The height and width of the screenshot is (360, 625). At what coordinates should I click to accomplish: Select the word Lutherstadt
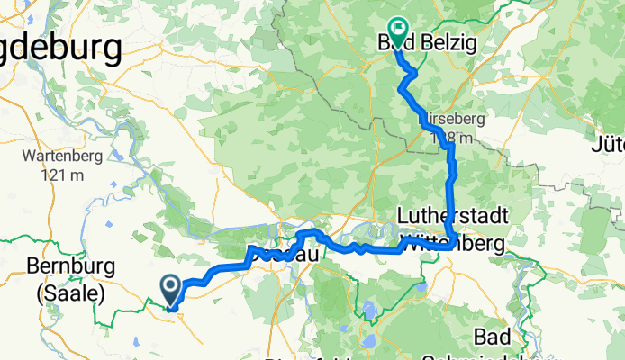coord(453,217)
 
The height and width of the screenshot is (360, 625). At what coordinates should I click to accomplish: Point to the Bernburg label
coord(68,267)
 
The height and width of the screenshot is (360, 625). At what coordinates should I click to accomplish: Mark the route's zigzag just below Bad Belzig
coord(408,80)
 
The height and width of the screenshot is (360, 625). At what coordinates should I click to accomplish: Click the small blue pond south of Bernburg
coord(135,341)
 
